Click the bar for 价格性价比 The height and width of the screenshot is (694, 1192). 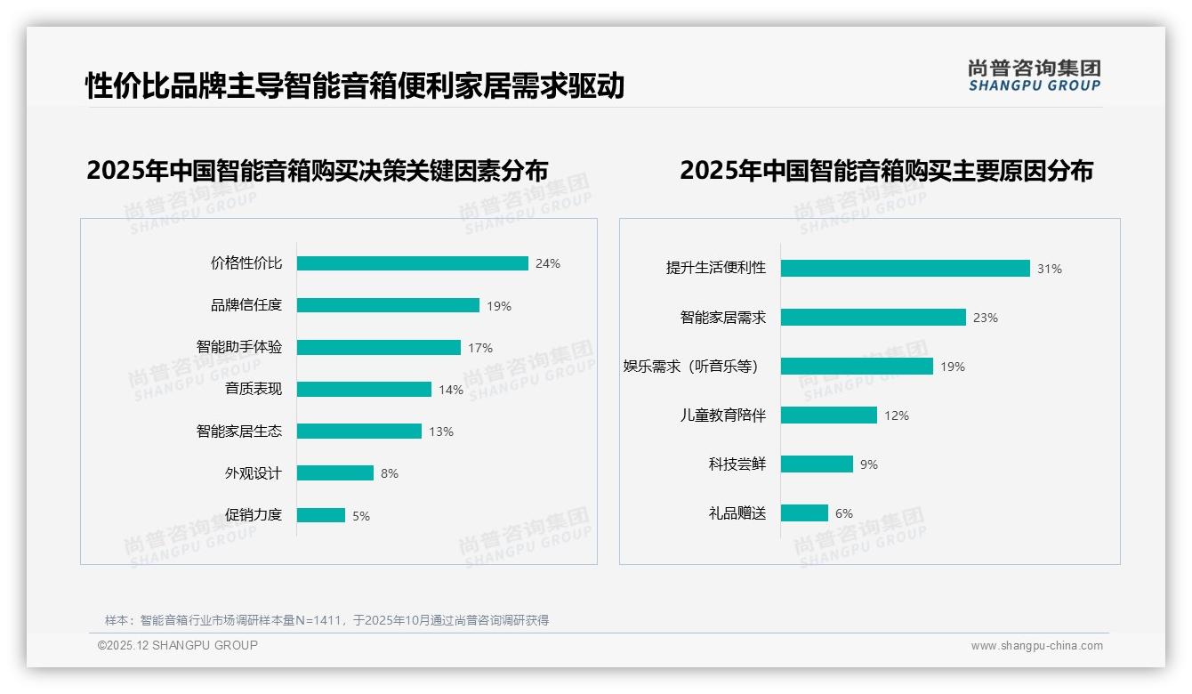[412, 263]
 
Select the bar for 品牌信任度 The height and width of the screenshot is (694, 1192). [388, 305]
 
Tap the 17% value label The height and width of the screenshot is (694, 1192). [480, 348]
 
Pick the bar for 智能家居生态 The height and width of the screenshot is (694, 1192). [358, 432]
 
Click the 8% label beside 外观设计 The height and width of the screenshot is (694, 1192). [390, 473]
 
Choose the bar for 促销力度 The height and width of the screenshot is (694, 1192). [320, 515]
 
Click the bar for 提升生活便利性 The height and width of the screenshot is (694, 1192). [905, 269]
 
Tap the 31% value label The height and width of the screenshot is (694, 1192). [1050, 269]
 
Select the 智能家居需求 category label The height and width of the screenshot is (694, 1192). [722, 318]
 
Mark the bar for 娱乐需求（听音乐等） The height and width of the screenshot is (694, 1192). [857, 367]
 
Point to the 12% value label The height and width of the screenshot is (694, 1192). [897, 416]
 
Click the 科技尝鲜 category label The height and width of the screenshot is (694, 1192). [737, 464]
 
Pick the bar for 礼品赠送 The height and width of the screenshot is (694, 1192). [804, 513]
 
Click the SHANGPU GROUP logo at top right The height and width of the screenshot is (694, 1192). [1035, 76]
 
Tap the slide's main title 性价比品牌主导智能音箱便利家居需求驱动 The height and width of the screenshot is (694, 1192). [355, 86]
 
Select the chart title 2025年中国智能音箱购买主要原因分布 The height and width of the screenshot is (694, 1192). [886, 170]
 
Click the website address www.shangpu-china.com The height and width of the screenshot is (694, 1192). [1036, 646]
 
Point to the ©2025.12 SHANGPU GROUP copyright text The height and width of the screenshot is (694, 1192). [178, 645]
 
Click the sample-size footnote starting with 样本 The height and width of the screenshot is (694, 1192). [326, 620]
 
